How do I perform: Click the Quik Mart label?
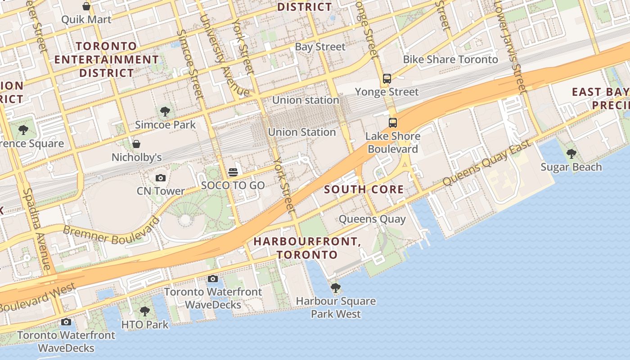(x=86, y=19)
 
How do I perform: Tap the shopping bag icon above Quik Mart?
(x=86, y=6)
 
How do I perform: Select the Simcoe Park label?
(x=165, y=125)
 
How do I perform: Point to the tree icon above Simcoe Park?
(x=165, y=111)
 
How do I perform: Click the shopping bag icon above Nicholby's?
(x=136, y=144)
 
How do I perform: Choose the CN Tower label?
(x=161, y=191)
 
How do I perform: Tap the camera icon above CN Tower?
(x=161, y=178)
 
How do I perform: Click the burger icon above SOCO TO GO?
(x=233, y=172)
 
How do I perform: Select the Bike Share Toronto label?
(x=450, y=59)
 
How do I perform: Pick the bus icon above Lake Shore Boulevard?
(x=393, y=122)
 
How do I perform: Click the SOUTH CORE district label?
(x=364, y=189)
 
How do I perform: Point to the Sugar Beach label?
(x=571, y=167)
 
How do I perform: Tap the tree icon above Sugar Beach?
(x=571, y=154)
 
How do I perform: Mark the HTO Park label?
(x=145, y=324)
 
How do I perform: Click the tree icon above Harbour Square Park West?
(x=335, y=288)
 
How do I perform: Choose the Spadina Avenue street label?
(x=37, y=229)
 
